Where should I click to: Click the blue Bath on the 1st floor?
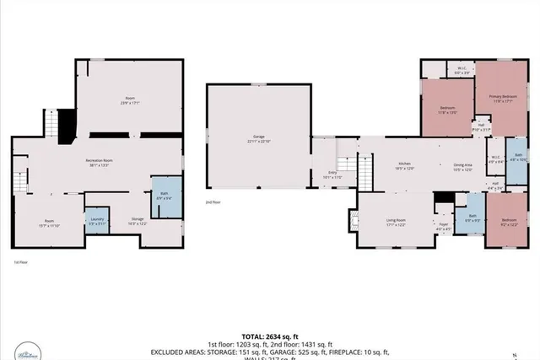pos(163,196)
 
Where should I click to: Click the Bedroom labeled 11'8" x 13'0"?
pos(447,110)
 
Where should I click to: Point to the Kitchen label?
pos(404,165)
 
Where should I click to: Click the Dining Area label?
pos(462,167)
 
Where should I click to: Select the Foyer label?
pos(443,225)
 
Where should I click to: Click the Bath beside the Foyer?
pos(473,218)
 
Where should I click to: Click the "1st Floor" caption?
pos(21,263)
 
